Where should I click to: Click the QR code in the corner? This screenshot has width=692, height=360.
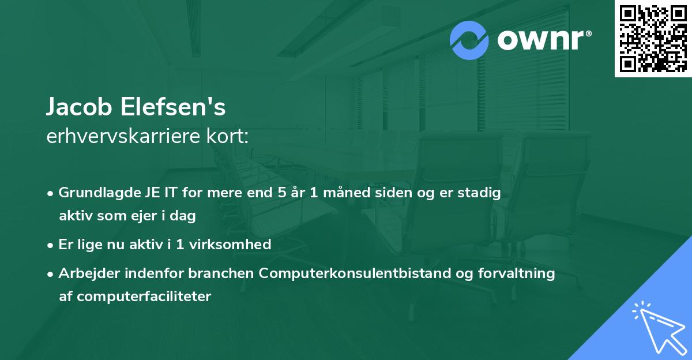coord(653,38)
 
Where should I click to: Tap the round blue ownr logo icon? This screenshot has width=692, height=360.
coord(469,40)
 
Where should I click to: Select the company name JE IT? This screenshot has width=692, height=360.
coord(163,193)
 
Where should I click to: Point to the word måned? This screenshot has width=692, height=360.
coord(341,193)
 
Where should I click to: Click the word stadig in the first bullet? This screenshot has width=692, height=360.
coord(479,193)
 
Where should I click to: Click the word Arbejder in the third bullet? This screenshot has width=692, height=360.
coord(85,273)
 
